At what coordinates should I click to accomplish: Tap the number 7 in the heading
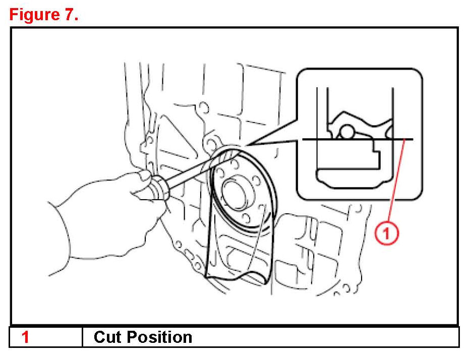pyautogui.click(x=68, y=15)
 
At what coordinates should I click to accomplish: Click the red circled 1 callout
pyautogui.click(x=386, y=232)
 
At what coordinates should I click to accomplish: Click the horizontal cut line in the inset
pyautogui.click(x=353, y=139)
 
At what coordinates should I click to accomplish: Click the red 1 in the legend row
pyautogui.click(x=26, y=337)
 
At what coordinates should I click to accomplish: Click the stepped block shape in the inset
pyautogui.click(x=353, y=154)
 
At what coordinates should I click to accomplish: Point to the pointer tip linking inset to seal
pyautogui.click(x=247, y=146)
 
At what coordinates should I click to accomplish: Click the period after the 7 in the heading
pyautogui.click(x=77, y=19)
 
